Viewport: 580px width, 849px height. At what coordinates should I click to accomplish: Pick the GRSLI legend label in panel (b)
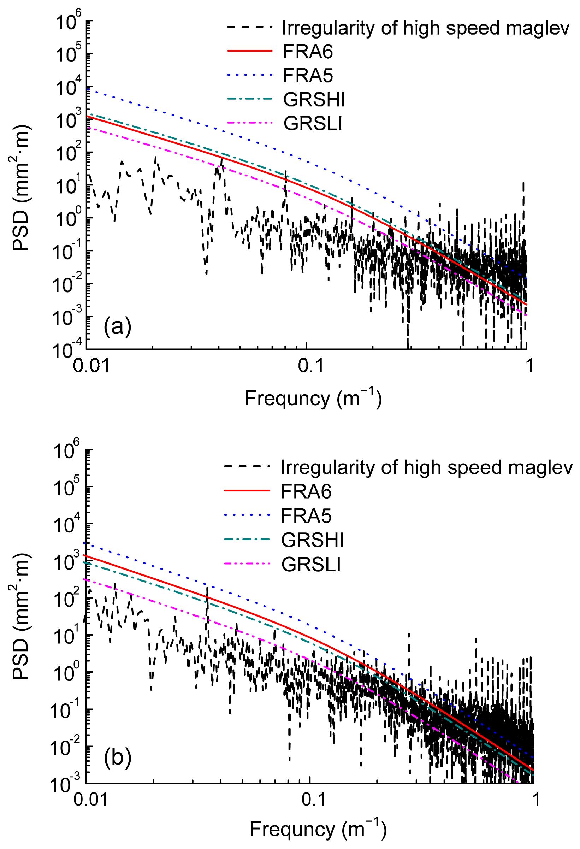[311, 565]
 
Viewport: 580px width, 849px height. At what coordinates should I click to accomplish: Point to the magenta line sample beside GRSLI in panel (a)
[250, 124]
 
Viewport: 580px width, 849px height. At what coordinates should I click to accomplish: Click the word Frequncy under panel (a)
[287, 398]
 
